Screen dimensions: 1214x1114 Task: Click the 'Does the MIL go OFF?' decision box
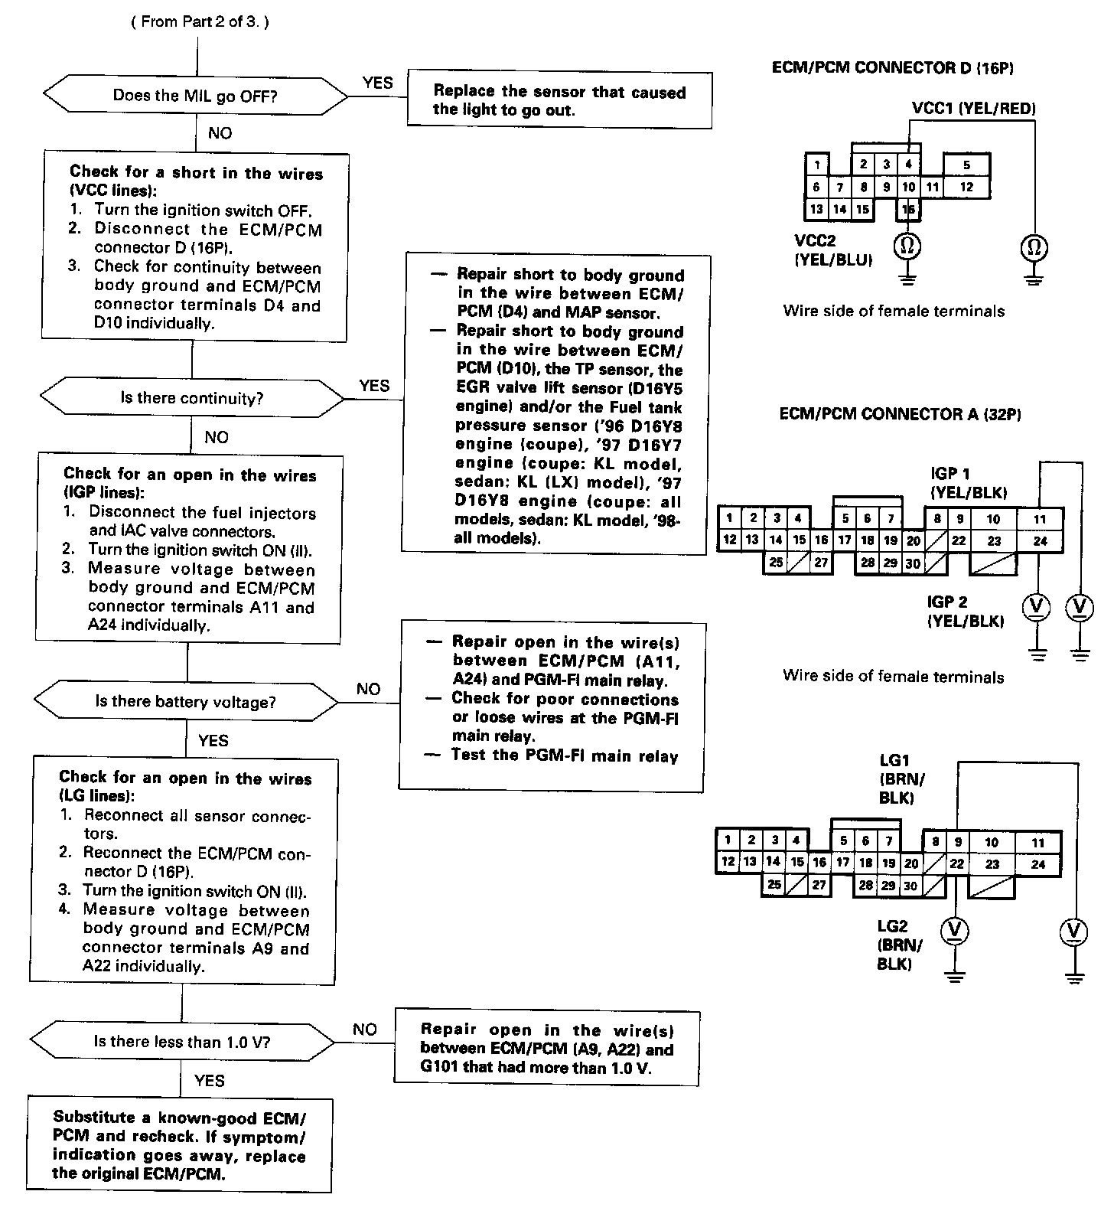point(195,96)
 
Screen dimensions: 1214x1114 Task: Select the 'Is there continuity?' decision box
point(191,398)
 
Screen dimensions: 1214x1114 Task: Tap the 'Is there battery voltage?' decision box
point(185,702)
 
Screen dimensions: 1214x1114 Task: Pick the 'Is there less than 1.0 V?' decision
point(182,1042)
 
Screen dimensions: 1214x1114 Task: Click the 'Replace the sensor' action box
point(559,100)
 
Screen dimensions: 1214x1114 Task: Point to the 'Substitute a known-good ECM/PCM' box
point(180,1145)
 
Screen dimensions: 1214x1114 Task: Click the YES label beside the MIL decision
point(377,83)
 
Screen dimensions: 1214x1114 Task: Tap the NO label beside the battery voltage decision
point(368,689)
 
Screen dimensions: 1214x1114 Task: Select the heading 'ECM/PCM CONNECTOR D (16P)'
point(893,67)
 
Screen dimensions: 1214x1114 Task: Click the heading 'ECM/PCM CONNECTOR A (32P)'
point(900,414)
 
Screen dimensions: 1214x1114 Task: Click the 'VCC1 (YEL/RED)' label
point(973,108)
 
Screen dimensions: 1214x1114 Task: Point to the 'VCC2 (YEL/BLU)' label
point(833,250)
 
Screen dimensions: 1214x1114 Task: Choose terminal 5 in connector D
point(966,165)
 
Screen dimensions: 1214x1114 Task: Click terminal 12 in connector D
point(966,186)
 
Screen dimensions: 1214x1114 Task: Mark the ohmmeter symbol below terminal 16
point(907,246)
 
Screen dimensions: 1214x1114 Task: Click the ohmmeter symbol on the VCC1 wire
point(1034,247)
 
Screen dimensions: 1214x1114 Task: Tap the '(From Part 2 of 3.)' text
point(200,21)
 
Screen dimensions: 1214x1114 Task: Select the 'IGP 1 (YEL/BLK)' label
point(968,483)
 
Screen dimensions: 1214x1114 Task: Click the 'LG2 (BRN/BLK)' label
point(899,945)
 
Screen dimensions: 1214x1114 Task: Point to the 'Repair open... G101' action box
point(546,1049)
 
